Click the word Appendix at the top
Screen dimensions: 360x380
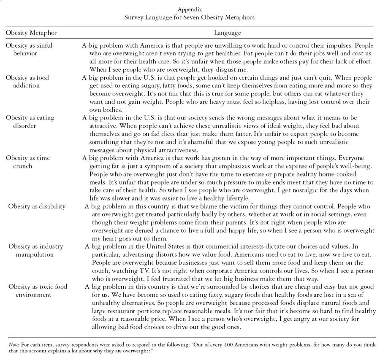[190, 8]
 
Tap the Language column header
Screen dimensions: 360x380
[228, 32]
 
